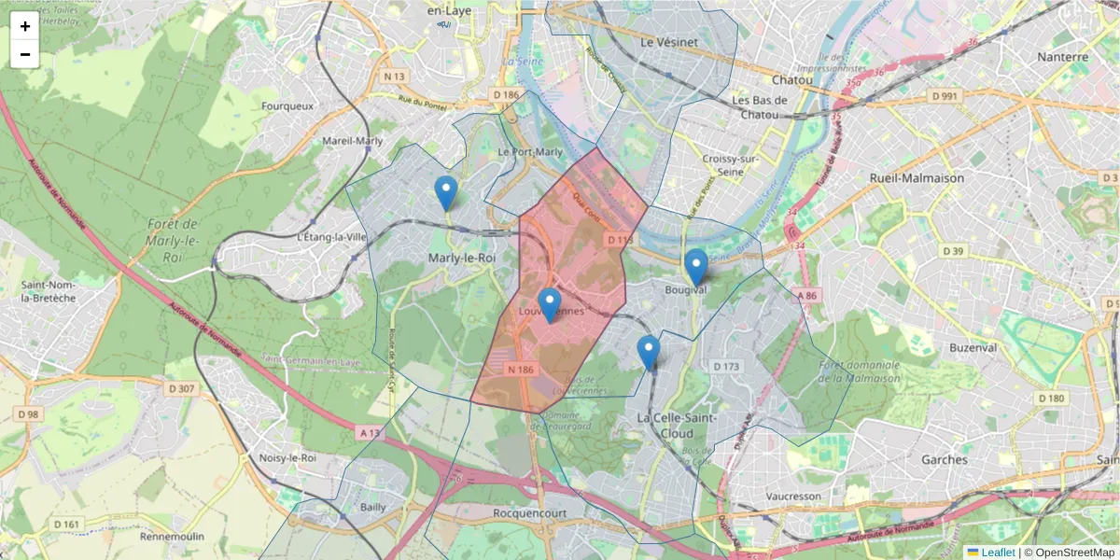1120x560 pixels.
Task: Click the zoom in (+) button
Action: (x=25, y=26)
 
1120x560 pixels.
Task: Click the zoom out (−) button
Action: (x=25, y=54)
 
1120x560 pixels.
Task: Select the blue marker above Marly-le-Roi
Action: (x=446, y=192)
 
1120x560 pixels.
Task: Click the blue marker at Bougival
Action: (x=695, y=267)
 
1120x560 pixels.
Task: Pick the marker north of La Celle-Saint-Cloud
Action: (x=649, y=353)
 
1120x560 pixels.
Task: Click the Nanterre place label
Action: (x=1062, y=57)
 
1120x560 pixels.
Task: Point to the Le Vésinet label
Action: (x=669, y=42)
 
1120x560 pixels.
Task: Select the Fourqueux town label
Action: (x=287, y=106)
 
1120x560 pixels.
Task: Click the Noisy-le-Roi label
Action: (x=286, y=458)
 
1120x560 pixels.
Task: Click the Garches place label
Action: (x=944, y=460)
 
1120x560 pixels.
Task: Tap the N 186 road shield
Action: (x=520, y=370)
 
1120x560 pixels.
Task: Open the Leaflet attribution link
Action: (x=998, y=553)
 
